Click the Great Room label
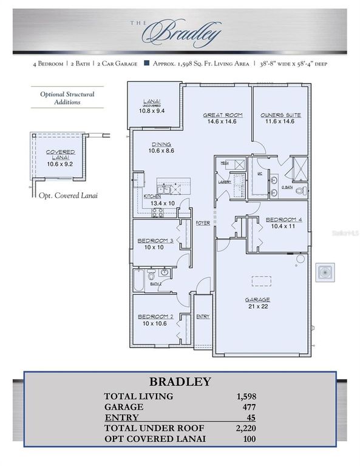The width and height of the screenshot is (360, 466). (x=222, y=115)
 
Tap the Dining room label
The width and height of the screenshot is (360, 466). (x=161, y=144)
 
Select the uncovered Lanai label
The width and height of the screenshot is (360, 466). (x=152, y=103)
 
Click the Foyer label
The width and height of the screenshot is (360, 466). (x=202, y=223)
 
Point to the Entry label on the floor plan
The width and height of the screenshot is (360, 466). (x=202, y=317)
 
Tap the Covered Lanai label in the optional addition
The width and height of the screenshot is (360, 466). (x=60, y=152)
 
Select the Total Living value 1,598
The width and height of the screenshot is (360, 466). (x=245, y=396)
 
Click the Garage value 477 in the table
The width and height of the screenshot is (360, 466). (x=248, y=407)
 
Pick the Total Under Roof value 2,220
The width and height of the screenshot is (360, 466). (x=245, y=428)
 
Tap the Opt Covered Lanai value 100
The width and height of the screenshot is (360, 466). (x=248, y=439)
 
